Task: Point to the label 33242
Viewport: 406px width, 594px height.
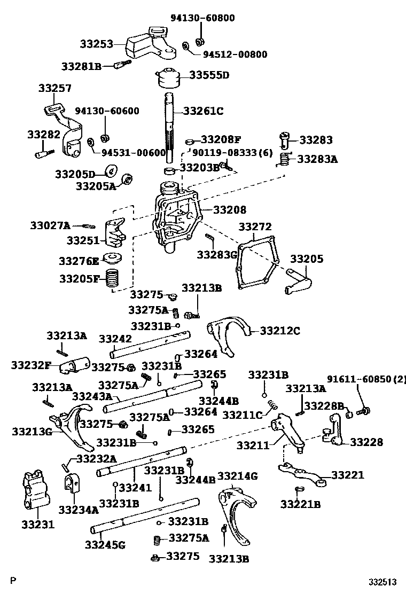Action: (x=115, y=339)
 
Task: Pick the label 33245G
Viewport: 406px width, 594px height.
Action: (x=105, y=545)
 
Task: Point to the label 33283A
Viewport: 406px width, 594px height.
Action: (x=317, y=159)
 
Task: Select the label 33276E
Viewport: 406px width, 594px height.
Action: (x=79, y=261)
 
